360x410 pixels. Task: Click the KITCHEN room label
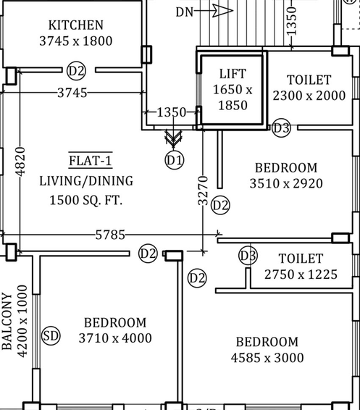click(x=76, y=25)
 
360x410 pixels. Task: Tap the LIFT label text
click(x=233, y=74)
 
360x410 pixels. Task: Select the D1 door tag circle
click(x=175, y=160)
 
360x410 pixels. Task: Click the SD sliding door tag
click(x=51, y=335)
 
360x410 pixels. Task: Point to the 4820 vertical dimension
click(x=20, y=162)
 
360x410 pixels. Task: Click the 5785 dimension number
click(x=110, y=235)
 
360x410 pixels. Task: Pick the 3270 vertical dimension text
click(x=203, y=191)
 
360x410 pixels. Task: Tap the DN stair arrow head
click(x=222, y=11)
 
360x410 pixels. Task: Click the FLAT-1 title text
click(x=91, y=160)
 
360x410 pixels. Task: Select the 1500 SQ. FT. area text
click(x=86, y=201)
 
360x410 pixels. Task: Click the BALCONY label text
click(x=7, y=321)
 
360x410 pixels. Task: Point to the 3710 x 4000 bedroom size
click(x=115, y=338)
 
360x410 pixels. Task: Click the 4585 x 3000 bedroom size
click(x=267, y=358)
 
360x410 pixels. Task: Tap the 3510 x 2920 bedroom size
click(x=286, y=183)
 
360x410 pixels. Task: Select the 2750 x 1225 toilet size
click(x=301, y=275)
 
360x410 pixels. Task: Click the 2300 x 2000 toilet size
click(x=309, y=96)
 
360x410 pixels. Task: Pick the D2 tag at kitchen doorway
click(x=76, y=71)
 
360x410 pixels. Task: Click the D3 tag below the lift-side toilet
click(x=281, y=128)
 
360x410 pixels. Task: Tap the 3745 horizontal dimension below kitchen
click(x=72, y=93)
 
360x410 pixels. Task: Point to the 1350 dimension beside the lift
click(x=172, y=112)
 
